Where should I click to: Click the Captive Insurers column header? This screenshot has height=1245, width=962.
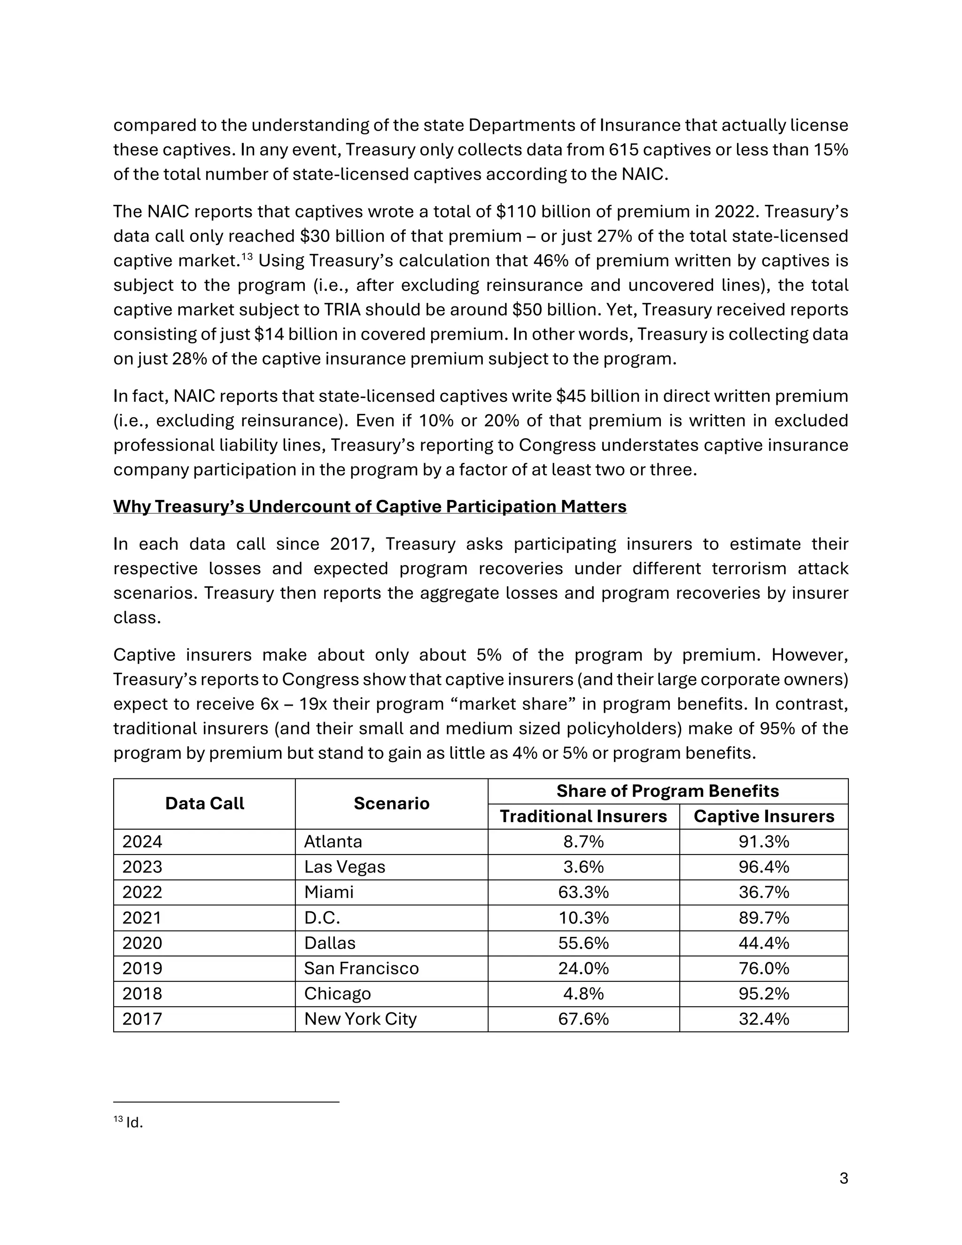point(763,817)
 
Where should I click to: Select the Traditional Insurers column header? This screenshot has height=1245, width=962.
point(583,817)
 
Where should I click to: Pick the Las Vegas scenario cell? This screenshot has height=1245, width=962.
point(344,867)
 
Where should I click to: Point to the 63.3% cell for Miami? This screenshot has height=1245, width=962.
point(583,892)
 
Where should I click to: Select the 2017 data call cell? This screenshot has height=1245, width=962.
point(142,1019)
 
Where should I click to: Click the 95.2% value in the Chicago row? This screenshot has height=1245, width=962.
point(763,994)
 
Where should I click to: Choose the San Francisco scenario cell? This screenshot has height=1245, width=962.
point(361,968)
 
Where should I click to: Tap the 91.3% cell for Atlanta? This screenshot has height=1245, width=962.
point(763,841)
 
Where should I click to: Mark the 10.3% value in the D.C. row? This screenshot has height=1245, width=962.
point(583,918)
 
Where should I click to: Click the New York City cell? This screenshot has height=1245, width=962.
point(360,1019)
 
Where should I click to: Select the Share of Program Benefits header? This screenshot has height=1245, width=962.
point(667,791)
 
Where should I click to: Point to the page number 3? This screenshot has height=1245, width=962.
point(844,1178)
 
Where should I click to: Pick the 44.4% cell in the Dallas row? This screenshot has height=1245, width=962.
point(763,943)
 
